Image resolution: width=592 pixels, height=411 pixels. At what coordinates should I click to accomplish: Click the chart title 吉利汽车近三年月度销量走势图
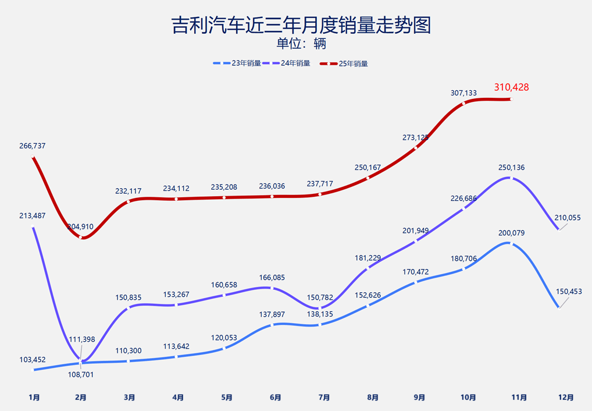[301, 25]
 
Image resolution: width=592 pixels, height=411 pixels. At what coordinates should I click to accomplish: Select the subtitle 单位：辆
[301, 44]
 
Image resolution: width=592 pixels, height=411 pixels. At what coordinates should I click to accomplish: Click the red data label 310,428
[511, 87]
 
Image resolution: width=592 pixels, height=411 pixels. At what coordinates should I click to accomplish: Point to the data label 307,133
[463, 93]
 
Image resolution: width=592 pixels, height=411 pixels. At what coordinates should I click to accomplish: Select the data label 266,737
[32, 146]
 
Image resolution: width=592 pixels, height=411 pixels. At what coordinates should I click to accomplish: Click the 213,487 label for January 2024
[32, 216]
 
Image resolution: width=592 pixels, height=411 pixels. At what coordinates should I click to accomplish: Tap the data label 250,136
[511, 168]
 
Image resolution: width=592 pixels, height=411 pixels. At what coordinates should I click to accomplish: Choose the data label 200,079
[511, 233]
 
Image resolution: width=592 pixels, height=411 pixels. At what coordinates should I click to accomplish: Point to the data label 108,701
[81, 374]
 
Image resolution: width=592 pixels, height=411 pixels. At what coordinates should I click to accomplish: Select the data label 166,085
[272, 278]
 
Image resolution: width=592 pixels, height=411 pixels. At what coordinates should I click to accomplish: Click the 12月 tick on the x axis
[565, 398]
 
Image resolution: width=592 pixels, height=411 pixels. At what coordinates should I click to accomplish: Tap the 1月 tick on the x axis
[34, 398]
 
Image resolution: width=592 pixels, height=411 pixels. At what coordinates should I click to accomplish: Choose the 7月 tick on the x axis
[324, 398]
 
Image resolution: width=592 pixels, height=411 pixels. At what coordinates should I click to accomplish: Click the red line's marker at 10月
[463, 104]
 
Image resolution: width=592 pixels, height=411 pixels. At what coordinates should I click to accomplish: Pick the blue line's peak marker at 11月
[510, 243]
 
